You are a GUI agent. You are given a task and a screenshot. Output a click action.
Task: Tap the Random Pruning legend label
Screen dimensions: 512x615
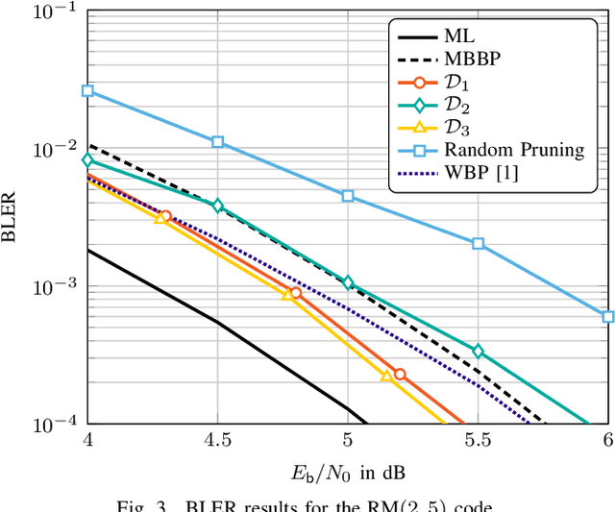point(513,150)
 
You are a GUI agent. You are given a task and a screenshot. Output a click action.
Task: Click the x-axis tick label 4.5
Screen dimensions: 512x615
point(217,440)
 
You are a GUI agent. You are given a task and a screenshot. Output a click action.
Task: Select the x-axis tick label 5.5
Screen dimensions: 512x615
point(478,440)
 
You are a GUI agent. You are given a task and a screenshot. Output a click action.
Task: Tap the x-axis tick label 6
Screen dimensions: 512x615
point(607,440)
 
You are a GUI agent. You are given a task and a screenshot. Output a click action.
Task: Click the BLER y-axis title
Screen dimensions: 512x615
point(12,219)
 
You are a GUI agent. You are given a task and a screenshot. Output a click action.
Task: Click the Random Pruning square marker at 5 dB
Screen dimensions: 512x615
point(348,195)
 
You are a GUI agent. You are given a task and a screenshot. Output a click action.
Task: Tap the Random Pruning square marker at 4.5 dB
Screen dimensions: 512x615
point(218,141)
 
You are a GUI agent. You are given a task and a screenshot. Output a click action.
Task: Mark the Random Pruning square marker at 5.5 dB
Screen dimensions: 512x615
point(478,243)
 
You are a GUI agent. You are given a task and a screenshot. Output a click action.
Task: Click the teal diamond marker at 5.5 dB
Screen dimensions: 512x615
point(478,352)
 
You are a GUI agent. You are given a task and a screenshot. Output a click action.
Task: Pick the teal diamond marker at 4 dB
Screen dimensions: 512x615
point(87,159)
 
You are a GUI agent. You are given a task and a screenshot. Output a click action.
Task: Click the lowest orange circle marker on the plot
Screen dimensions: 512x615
point(400,374)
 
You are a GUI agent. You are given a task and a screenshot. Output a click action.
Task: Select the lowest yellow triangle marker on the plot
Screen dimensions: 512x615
point(386,377)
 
